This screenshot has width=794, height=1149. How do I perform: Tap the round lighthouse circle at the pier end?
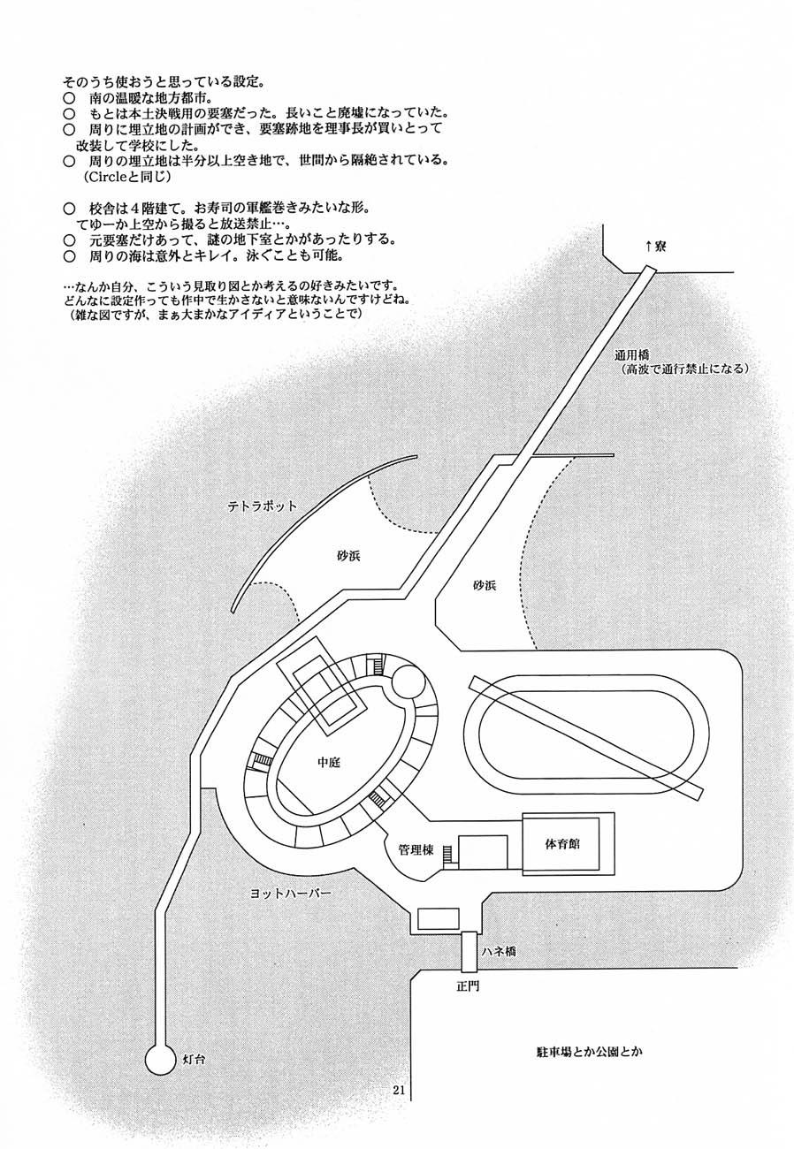160,1058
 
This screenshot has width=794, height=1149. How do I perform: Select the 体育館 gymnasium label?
562,843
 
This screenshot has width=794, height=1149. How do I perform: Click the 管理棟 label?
415,850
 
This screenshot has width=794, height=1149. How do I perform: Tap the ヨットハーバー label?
290,894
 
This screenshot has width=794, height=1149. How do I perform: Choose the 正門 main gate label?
468,985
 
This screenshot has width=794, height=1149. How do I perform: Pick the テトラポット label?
262,506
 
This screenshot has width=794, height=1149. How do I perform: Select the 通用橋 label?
634,354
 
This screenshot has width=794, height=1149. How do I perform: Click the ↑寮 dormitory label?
655,247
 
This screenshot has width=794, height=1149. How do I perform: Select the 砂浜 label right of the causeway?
487,585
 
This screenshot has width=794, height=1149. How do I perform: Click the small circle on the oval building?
409,683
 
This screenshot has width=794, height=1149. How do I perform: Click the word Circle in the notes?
105,177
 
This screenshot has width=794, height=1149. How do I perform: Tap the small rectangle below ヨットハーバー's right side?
439,918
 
